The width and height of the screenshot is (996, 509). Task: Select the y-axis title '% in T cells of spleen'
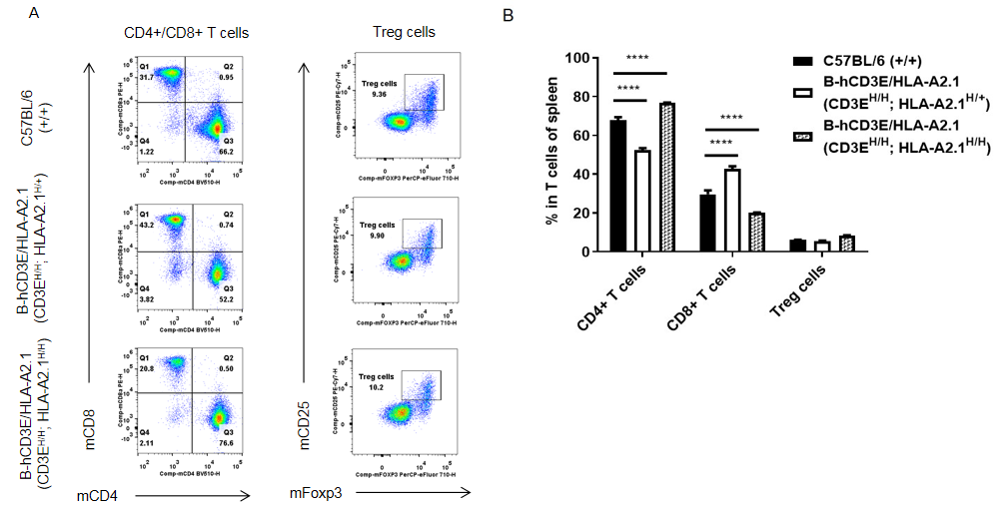coord(551,155)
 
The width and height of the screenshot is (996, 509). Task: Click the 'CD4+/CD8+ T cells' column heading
coord(186,33)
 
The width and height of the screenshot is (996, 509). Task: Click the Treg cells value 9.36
coord(379,94)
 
